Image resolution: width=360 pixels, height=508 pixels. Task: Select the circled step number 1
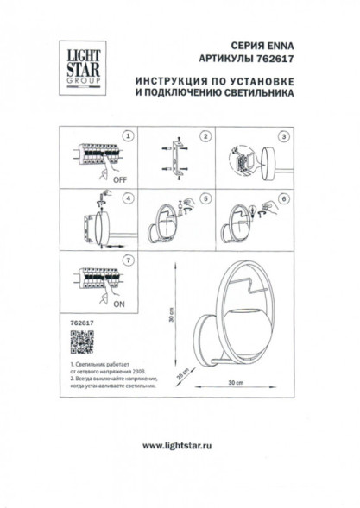click(x=129, y=136)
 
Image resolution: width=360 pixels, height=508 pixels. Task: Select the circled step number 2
click(x=205, y=136)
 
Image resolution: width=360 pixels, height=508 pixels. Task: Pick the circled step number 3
click(x=282, y=136)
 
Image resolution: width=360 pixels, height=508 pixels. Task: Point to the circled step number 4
click(x=129, y=198)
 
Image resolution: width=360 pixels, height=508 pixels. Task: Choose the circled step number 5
click(x=205, y=198)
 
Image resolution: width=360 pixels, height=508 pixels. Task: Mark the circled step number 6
click(x=282, y=198)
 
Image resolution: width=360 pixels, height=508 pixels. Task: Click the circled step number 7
click(x=129, y=259)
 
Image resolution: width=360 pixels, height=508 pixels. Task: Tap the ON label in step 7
click(x=118, y=305)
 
